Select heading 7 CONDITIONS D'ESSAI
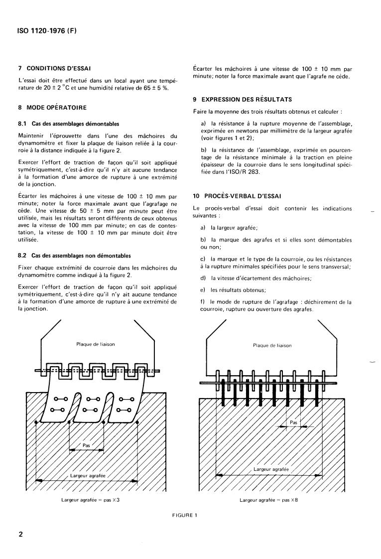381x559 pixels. point(54,68)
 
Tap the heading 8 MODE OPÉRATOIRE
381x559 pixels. point(52,107)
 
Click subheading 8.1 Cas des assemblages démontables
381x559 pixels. point(68,124)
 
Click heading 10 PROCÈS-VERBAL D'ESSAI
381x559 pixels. point(237,196)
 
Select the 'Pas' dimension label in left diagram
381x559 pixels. point(86,445)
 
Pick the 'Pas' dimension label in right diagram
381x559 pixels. point(293,422)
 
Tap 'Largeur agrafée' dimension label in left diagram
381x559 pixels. point(88,476)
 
